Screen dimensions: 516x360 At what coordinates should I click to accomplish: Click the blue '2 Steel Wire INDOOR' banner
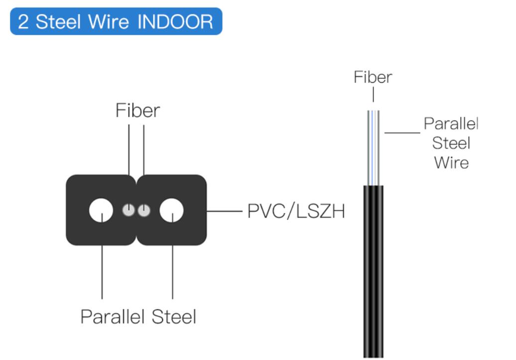(x=116, y=21)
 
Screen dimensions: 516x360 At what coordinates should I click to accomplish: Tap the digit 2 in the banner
(x=23, y=22)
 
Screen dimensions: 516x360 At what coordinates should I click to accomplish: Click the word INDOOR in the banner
(x=175, y=22)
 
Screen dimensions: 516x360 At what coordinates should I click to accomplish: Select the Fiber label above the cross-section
(x=137, y=110)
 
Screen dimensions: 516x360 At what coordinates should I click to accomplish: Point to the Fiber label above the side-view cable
(x=373, y=77)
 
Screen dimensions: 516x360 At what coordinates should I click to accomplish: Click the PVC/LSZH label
(x=296, y=211)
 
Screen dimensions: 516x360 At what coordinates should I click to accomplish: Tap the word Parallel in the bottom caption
(x=113, y=317)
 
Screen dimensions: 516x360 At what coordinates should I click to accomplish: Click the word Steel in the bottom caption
(x=174, y=317)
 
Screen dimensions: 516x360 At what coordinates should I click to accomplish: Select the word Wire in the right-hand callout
(x=451, y=162)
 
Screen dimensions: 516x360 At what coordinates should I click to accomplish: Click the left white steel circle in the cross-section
(x=101, y=210)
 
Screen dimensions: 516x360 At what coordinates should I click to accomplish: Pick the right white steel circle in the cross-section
(x=171, y=210)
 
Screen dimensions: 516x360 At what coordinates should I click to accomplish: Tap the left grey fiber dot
(x=129, y=210)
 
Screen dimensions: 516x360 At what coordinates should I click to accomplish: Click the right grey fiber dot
(x=144, y=210)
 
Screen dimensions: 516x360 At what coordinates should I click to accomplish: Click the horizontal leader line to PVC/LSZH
(x=225, y=211)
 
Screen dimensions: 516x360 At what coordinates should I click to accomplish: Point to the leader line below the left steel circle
(x=102, y=256)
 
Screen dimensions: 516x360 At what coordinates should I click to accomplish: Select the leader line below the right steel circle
(x=172, y=256)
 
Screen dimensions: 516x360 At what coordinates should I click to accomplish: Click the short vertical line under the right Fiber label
(x=373, y=95)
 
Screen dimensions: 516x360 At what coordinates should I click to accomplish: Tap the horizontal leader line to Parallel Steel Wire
(x=402, y=132)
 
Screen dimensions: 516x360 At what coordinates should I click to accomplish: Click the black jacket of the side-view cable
(x=373, y=271)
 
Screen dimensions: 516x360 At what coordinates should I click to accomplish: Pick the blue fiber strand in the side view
(x=372, y=148)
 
